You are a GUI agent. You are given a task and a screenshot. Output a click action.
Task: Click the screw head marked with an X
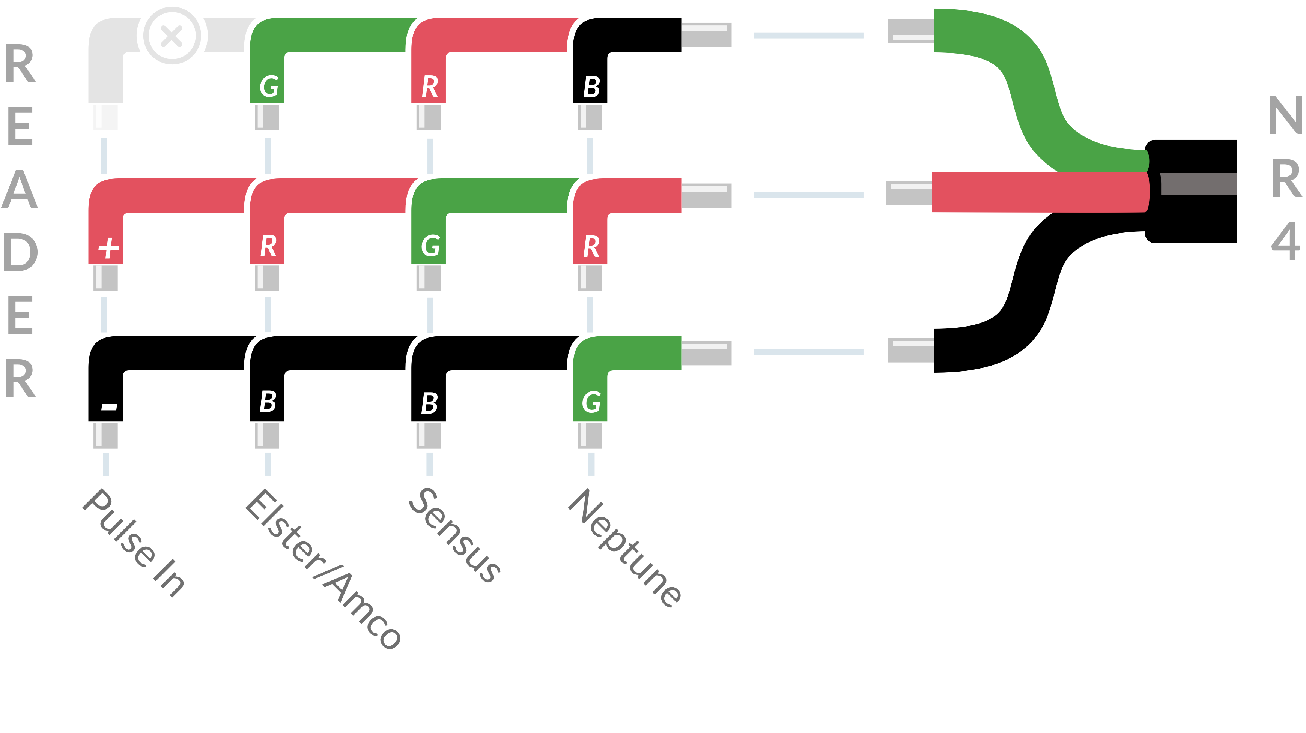click(172, 36)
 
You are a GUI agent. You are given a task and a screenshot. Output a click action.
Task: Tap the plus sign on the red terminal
click(108, 248)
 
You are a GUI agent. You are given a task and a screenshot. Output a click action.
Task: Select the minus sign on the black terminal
click(109, 406)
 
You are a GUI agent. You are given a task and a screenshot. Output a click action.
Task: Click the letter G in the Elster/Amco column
click(269, 86)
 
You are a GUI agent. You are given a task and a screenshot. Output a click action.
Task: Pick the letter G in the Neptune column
click(591, 403)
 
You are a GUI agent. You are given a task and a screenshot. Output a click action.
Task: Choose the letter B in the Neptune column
click(591, 87)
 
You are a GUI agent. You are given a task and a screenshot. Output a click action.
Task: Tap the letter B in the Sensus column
click(429, 403)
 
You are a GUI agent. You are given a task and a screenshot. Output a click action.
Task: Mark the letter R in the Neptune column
click(591, 247)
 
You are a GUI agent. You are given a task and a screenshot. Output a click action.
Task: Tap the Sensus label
click(455, 534)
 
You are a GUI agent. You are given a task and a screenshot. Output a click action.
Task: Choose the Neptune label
click(625, 547)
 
